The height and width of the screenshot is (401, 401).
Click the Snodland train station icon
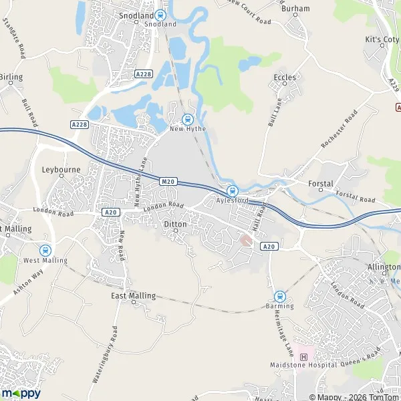point(160,15)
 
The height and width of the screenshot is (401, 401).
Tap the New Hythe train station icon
point(186,119)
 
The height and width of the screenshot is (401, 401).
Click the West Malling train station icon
point(45,250)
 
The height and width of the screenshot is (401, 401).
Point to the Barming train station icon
point(279,296)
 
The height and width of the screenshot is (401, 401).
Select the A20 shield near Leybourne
point(111,212)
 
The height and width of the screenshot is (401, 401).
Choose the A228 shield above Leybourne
point(79,124)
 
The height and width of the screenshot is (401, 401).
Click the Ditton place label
point(175,225)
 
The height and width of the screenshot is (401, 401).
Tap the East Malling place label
point(133,295)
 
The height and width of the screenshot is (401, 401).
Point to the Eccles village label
point(285,78)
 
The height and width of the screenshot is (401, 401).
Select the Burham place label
point(296,9)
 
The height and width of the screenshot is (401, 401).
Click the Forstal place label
point(321,183)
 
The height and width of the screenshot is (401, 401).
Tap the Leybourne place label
point(61,170)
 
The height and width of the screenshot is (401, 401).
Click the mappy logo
point(21,393)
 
